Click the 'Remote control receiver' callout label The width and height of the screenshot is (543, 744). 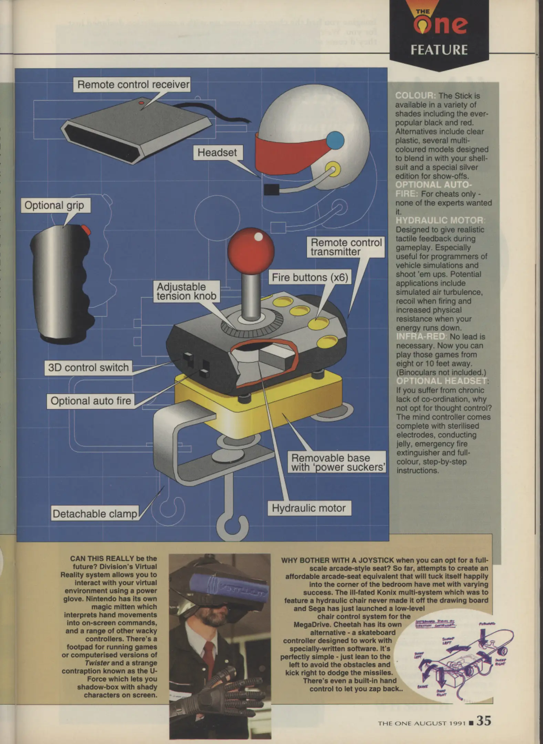point(133,85)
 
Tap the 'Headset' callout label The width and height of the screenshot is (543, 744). point(217,153)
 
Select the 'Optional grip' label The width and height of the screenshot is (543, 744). point(54,206)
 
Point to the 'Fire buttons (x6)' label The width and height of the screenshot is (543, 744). point(310,278)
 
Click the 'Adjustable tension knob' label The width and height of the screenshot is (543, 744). point(186,291)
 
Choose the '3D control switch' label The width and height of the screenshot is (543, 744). point(88,368)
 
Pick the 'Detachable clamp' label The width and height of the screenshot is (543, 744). point(95,514)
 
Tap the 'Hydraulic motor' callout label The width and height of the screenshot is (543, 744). point(309,508)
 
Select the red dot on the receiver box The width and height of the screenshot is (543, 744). point(141,103)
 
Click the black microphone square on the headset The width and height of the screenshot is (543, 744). point(271,190)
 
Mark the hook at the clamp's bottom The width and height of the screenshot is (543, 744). point(232,526)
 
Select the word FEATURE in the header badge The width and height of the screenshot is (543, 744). point(439,50)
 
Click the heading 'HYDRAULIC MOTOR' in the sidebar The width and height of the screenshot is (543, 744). point(439,220)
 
